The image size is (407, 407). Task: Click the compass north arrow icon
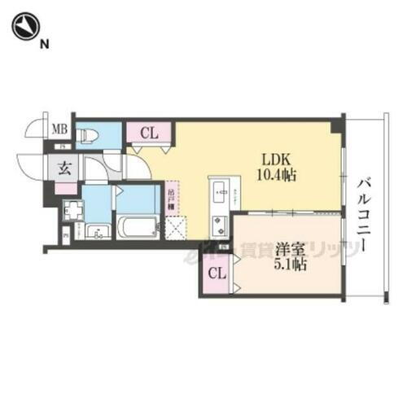click(x=25, y=28)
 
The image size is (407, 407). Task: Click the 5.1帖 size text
click(x=290, y=264)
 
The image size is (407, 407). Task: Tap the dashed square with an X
click(x=176, y=228)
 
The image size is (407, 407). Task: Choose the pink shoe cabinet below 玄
click(x=65, y=189)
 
